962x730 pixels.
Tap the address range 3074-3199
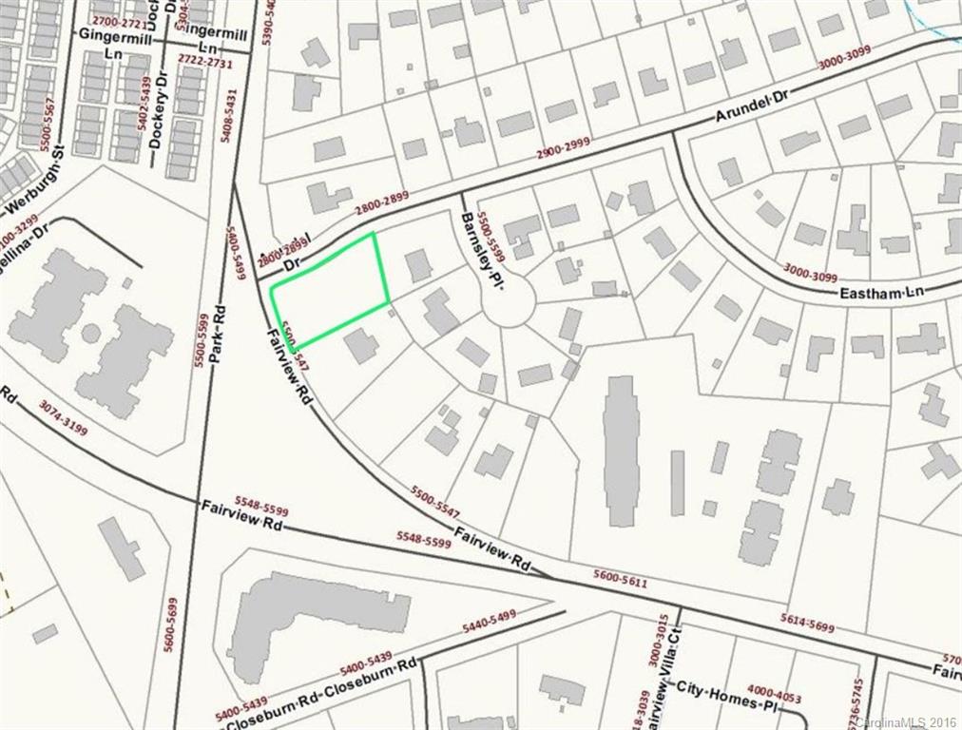point(64,418)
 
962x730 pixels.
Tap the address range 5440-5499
point(489,623)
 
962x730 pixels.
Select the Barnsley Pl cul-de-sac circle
point(509,304)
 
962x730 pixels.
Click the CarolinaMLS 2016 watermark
point(908,721)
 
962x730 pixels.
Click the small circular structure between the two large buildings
point(91,334)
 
